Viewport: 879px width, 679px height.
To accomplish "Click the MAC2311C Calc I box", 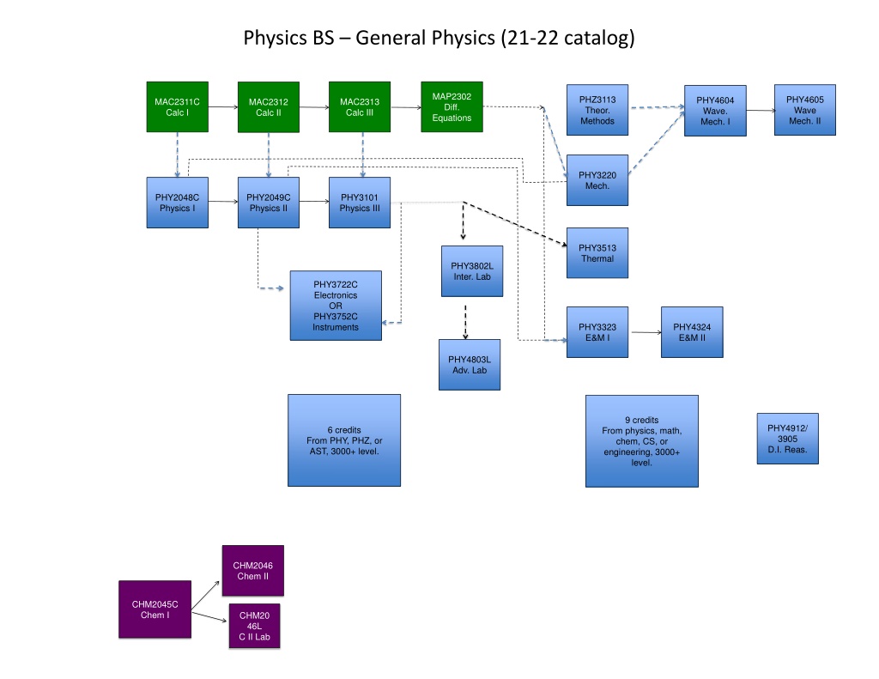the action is pos(177,107).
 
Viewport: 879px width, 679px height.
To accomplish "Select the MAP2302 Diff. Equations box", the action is pos(452,106).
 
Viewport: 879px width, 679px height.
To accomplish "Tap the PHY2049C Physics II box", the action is pos(269,203).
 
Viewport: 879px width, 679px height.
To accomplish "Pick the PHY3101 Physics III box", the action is pos(360,203).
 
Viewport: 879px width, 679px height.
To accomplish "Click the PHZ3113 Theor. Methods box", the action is pos(597,110).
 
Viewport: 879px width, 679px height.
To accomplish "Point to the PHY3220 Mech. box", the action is pos(597,180).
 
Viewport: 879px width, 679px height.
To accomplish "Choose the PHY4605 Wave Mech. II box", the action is pos(805,110).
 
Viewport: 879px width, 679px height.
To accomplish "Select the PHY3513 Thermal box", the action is pos(597,253).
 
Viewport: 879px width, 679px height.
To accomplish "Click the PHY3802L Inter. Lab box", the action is pos(472,270).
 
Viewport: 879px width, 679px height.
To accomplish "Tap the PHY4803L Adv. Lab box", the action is pos(470,365).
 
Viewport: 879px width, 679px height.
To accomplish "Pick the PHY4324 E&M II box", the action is pos(692,332).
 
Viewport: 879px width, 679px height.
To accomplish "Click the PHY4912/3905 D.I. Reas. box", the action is pos(788,439).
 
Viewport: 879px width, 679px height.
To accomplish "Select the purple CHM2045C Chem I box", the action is pos(155,609).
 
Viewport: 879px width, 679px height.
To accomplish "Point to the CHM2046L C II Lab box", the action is pos(254,626).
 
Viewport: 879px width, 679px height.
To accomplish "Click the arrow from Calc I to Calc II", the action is pos(223,106).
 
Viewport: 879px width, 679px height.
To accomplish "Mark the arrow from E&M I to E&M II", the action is pos(646,332).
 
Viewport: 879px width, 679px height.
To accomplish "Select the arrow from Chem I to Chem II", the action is pos(205,596).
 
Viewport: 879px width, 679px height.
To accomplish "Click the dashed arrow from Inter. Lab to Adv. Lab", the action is pos(465,323).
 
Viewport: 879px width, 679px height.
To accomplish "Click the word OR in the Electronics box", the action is pos(336,306).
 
